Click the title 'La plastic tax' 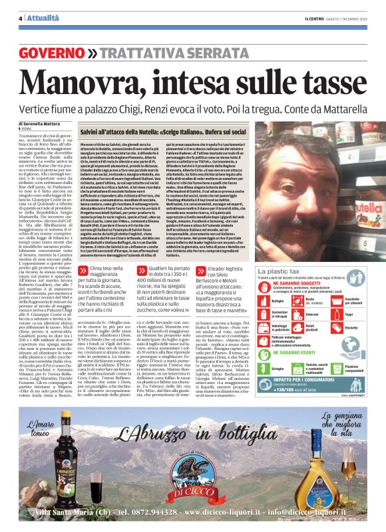tap(276, 273)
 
